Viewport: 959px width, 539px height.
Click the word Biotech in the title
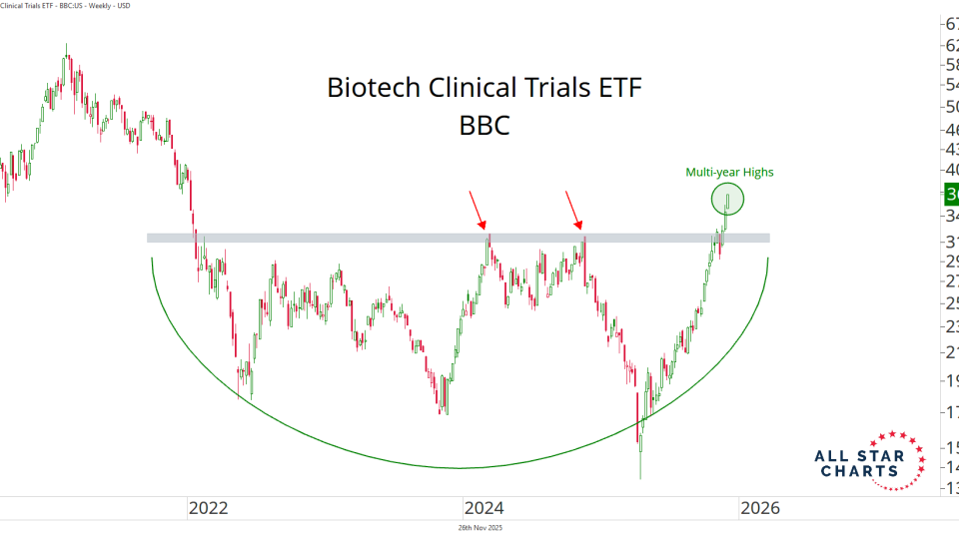374,88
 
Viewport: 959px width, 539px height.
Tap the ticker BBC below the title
484,127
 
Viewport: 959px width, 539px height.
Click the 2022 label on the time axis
209,507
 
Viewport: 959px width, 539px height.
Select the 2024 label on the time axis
483,507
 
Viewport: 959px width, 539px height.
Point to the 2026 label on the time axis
758,507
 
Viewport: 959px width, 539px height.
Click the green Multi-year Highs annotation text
729,172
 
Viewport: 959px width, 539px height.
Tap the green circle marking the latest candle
728,200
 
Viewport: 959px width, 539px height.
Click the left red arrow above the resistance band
480,210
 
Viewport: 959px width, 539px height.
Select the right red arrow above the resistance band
575,210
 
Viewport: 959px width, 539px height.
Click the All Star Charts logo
859,462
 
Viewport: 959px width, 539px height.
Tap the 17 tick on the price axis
951,411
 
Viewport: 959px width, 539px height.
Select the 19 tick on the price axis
951,380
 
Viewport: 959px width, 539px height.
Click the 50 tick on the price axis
951,107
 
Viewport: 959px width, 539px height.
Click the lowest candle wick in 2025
639,469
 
